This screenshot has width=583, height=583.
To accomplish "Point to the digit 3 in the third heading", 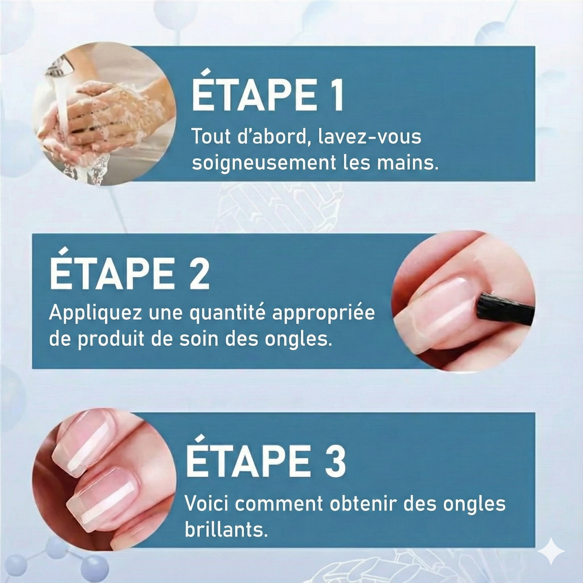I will [334, 461].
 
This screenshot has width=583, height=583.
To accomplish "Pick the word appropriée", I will [323, 314].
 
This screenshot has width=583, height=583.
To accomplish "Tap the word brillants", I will [226, 529].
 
